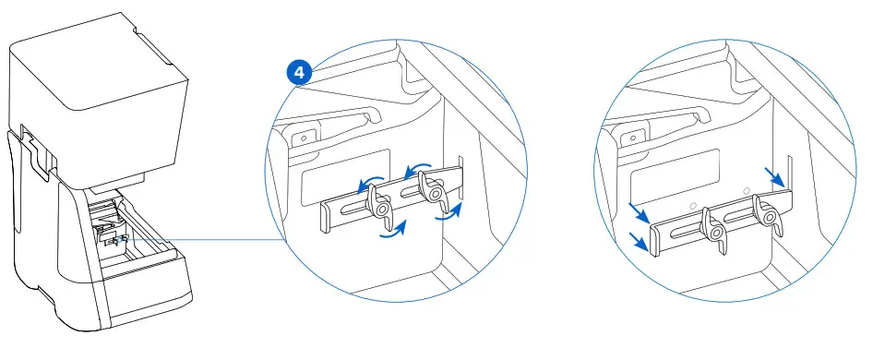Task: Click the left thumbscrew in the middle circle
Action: tap(379, 206)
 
